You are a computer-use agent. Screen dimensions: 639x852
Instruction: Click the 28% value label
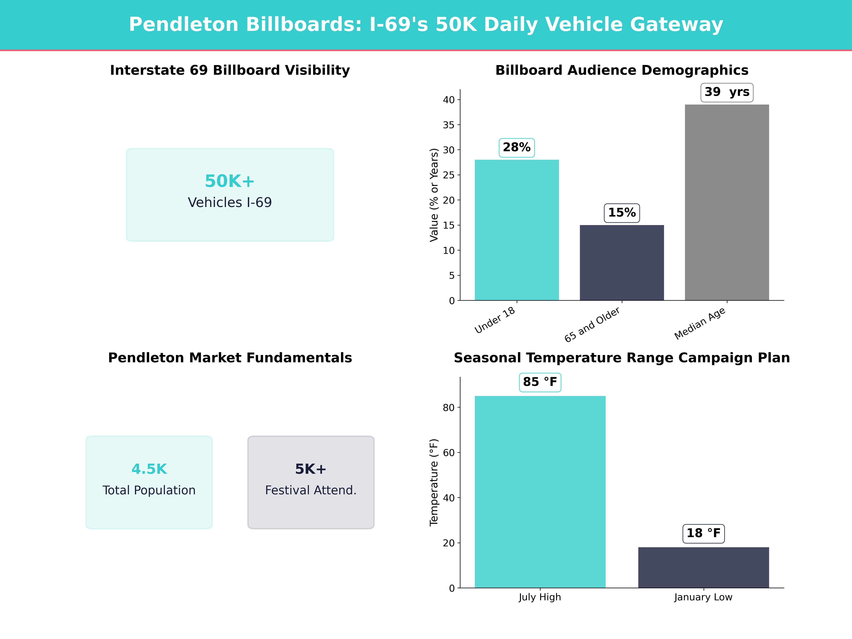(x=517, y=148)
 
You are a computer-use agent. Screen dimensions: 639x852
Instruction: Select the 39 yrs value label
(x=727, y=92)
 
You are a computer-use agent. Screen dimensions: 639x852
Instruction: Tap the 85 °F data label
(x=540, y=382)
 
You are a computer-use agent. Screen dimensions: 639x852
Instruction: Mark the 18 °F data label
(x=703, y=533)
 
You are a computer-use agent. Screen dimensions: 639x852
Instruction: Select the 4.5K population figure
(x=149, y=469)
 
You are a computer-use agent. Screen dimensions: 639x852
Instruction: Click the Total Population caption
(x=149, y=490)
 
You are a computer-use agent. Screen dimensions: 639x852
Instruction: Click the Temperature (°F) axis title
(x=434, y=482)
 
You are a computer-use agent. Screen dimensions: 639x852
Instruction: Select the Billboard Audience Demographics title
(x=622, y=70)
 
